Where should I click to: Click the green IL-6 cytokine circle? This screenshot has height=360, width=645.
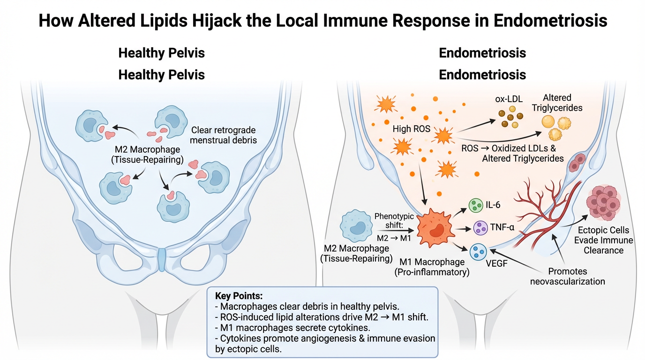[x=476, y=205]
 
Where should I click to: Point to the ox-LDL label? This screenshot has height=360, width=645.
[x=509, y=100]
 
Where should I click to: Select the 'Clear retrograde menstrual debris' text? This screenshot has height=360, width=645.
[x=224, y=135]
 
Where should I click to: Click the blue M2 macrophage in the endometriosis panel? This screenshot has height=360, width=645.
[x=358, y=225]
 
